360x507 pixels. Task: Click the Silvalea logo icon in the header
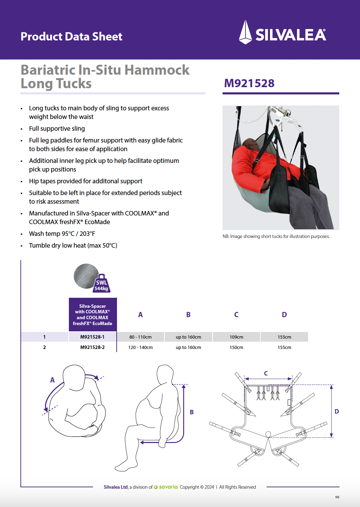(245, 32)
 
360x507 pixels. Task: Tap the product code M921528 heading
(249, 83)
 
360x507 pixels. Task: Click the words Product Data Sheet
(71, 36)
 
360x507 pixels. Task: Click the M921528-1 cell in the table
(92, 337)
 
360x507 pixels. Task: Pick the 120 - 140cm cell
(141, 347)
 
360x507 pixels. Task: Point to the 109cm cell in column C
(236, 337)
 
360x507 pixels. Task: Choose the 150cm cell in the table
(236, 347)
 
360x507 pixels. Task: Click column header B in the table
(188, 314)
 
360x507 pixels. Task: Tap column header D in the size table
(284, 314)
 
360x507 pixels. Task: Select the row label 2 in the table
(44, 347)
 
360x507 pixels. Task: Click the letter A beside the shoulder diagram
(52, 380)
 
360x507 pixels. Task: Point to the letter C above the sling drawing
(266, 373)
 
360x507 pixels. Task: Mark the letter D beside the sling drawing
(337, 411)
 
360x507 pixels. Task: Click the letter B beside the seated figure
(192, 412)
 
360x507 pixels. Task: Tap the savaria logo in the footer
(166, 487)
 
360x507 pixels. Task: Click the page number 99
(337, 497)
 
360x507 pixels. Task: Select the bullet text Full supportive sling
(57, 129)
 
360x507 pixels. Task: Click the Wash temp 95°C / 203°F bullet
(62, 233)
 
